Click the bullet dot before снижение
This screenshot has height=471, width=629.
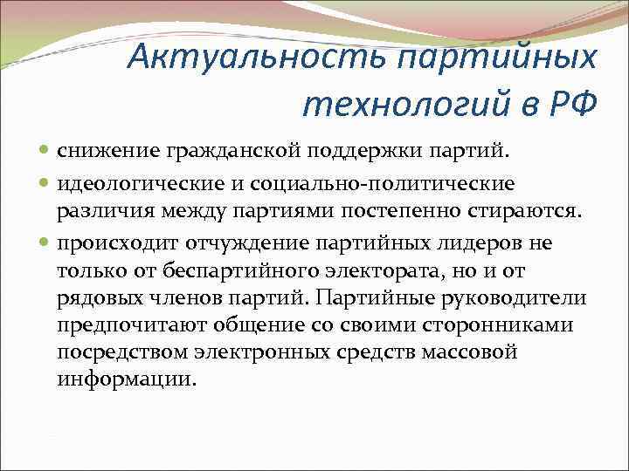(45, 153)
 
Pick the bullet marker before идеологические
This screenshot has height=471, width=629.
(45, 183)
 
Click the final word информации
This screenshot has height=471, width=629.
(128, 381)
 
